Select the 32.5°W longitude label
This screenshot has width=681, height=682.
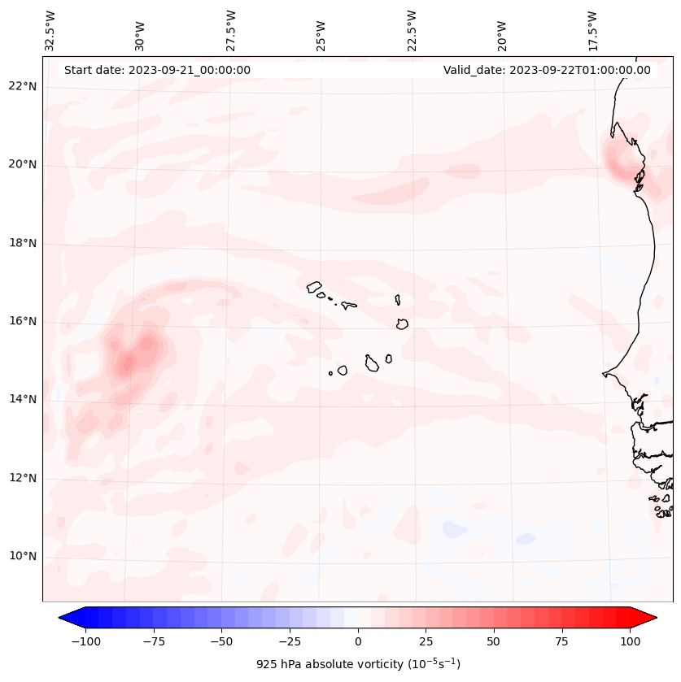click(50, 31)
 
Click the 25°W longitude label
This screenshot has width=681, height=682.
click(321, 31)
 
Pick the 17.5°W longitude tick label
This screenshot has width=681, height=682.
click(592, 31)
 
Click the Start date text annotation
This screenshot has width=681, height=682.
click(157, 70)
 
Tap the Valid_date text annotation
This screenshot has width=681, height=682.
click(547, 70)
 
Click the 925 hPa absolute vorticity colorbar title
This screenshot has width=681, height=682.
click(358, 664)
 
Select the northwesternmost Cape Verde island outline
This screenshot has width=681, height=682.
click(314, 286)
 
